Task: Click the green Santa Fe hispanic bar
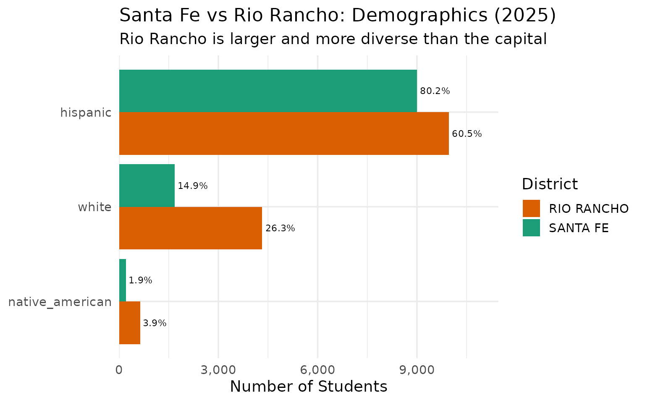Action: click(268, 91)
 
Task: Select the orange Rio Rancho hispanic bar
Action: click(284, 133)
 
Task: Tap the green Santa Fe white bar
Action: click(147, 185)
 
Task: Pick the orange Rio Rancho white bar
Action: click(191, 228)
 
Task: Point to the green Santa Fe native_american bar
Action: click(123, 280)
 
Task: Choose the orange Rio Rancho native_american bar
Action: click(130, 323)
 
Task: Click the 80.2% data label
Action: click(435, 91)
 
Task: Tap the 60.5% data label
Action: click(467, 134)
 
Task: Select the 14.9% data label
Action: click(193, 186)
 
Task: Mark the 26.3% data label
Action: click(280, 228)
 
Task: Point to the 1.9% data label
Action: click(140, 280)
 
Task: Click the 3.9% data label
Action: click(155, 323)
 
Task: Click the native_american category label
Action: click(60, 302)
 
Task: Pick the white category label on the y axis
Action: click(94, 207)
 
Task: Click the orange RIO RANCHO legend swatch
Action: click(531, 208)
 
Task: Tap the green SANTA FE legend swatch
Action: click(531, 228)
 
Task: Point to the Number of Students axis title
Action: click(309, 387)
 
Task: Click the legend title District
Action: click(550, 184)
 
